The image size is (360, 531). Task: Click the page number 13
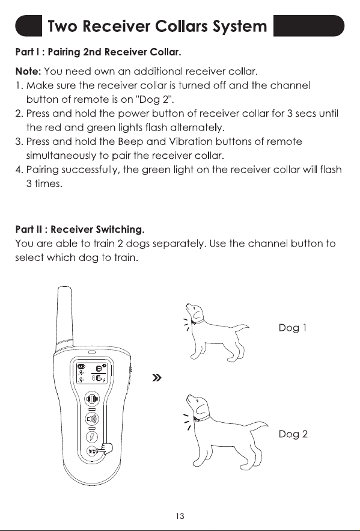[x=180, y=516]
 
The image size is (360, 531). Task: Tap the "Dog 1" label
[x=293, y=328]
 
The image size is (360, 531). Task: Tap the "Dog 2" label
[x=293, y=434]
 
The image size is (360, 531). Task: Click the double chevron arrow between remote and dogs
[x=157, y=378]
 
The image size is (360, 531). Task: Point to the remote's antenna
[x=64, y=317]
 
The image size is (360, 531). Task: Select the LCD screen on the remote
[x=92, y=373]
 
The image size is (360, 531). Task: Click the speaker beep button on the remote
[x=92, y=419]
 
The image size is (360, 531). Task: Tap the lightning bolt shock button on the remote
[x=92, y=437]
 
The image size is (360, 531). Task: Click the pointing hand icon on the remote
[x=105, y=449]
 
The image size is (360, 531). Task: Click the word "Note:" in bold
[x=28, y=72]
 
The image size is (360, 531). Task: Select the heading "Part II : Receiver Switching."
[x=80, y=229]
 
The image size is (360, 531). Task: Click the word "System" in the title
[x=240, y=26]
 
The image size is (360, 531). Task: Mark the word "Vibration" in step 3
[x=191, y=141]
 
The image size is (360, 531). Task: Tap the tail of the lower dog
[x=257, y=425]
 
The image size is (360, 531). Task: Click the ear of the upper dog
[x=198, y=312]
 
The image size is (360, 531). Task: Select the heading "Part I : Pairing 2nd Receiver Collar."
[x=98, y=52]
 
